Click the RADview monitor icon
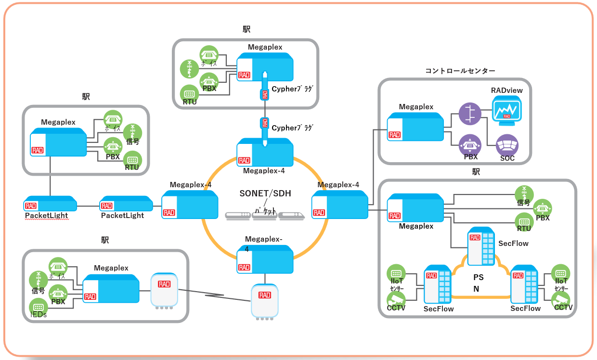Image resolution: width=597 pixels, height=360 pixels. pos(506,110)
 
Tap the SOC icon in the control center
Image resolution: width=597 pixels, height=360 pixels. pos(507,145)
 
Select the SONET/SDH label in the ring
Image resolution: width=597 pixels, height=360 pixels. pos(265,193)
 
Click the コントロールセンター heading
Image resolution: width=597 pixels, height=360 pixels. pos(460,71)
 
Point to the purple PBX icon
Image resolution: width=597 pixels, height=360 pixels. pos(469,144)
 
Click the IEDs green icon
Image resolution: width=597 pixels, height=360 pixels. pos(39,307)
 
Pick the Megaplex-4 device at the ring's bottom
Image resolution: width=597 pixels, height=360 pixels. pos(265,260)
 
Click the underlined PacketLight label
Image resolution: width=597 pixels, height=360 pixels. pos(46,216)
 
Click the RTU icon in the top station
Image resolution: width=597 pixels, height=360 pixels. pos(189,94)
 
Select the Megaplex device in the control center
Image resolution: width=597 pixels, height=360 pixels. pos(415,128)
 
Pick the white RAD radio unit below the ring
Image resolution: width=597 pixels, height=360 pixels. pos(265,301)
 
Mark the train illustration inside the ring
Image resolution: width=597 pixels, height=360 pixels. pos(265,215)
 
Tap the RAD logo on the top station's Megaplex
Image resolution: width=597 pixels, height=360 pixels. pos(244,75)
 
